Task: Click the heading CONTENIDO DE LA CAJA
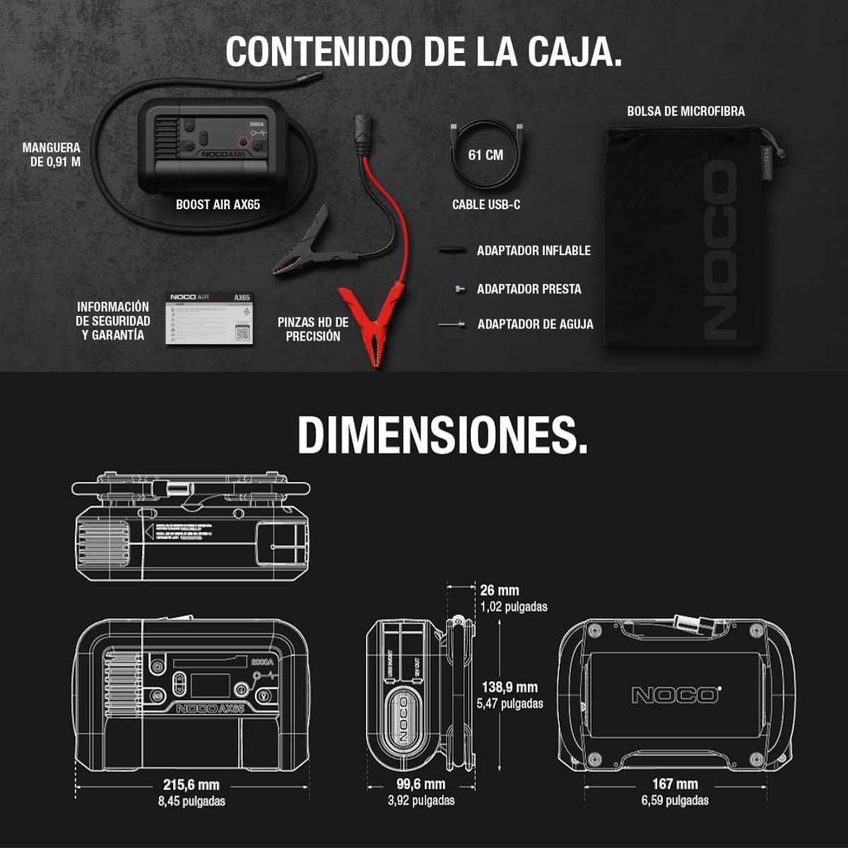424,51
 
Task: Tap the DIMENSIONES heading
442,434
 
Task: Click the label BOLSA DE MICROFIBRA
685,111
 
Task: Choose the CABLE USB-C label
486,204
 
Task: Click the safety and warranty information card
209,318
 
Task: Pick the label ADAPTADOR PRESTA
529,289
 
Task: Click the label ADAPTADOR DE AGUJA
535,324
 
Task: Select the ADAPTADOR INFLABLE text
534,251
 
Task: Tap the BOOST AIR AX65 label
218,204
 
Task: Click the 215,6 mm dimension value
191,784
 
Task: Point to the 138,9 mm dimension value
510,687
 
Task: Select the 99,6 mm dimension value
421,784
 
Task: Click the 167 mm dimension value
675,784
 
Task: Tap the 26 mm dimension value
500,590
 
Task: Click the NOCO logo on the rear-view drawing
676,695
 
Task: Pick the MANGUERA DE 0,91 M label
52,155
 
